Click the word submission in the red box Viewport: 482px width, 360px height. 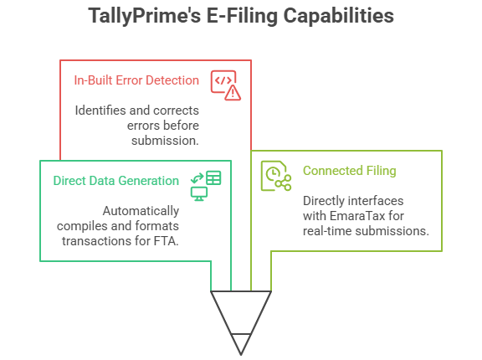[164, 140]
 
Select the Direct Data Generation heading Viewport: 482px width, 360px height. [115, 180]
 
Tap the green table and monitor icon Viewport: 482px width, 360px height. [205, 185]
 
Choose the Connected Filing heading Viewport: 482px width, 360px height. [349, 171]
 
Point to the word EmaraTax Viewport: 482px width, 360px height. [365, 216]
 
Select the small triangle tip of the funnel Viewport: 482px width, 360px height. [241, 343]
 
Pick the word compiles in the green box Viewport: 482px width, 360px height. [81, 226]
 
